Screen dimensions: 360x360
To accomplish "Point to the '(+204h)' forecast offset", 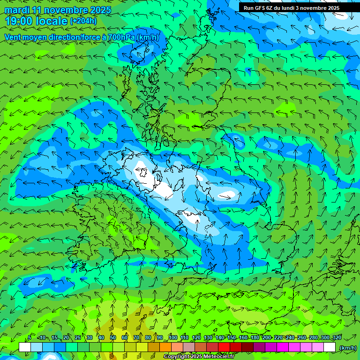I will click(84, 21).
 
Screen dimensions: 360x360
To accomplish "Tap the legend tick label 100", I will click(173, 338).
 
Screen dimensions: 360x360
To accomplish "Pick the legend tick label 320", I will click(337, 338).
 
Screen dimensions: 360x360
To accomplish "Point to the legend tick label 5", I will click(30, 338).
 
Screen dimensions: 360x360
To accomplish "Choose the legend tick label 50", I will click(113, 338).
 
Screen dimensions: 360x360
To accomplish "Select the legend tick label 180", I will click(255, 338).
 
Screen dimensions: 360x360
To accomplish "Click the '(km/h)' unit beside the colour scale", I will click(348, 348).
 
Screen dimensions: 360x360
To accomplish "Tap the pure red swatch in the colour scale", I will click(224, 347).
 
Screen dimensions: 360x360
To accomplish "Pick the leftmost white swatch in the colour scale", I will click(25, 347).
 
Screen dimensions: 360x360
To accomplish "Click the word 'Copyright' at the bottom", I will click(177, 357).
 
